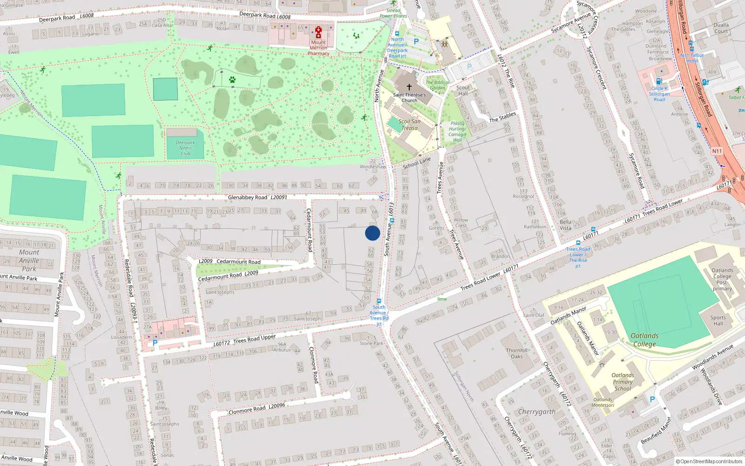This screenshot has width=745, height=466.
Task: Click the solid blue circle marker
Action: (x=372, y=233)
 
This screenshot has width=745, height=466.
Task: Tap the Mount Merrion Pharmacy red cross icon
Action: (x=318, y=32)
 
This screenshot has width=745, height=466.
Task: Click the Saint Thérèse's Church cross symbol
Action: (x=409, y=87)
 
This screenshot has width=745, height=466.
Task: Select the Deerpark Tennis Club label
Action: (x=185, y=148)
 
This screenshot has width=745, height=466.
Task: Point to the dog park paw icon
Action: (x=232, y=80)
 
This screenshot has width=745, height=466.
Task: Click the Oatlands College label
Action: (x=644, y=340)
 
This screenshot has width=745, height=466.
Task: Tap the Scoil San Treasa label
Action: (x=409, y=124)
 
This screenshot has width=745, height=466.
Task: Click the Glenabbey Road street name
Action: (x=248, y=198)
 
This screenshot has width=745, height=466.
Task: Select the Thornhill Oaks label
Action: (x=517, y=353)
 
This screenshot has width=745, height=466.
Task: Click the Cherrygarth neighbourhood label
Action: (x=537, y=412)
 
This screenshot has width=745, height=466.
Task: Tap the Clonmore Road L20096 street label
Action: (x=257, y=409)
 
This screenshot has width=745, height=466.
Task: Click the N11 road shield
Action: (x=717, y=151)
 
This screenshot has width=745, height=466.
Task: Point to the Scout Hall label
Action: (x=463, y=90)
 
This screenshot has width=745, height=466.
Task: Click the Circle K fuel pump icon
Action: (x=659, y=81)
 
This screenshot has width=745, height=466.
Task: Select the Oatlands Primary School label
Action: (x=623, y=382)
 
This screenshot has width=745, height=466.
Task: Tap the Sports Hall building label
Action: (x=718, y=321)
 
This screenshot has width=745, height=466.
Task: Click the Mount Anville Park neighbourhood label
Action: (x=29, y=260)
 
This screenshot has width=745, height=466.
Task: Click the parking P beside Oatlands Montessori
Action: (x=652, y=399)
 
